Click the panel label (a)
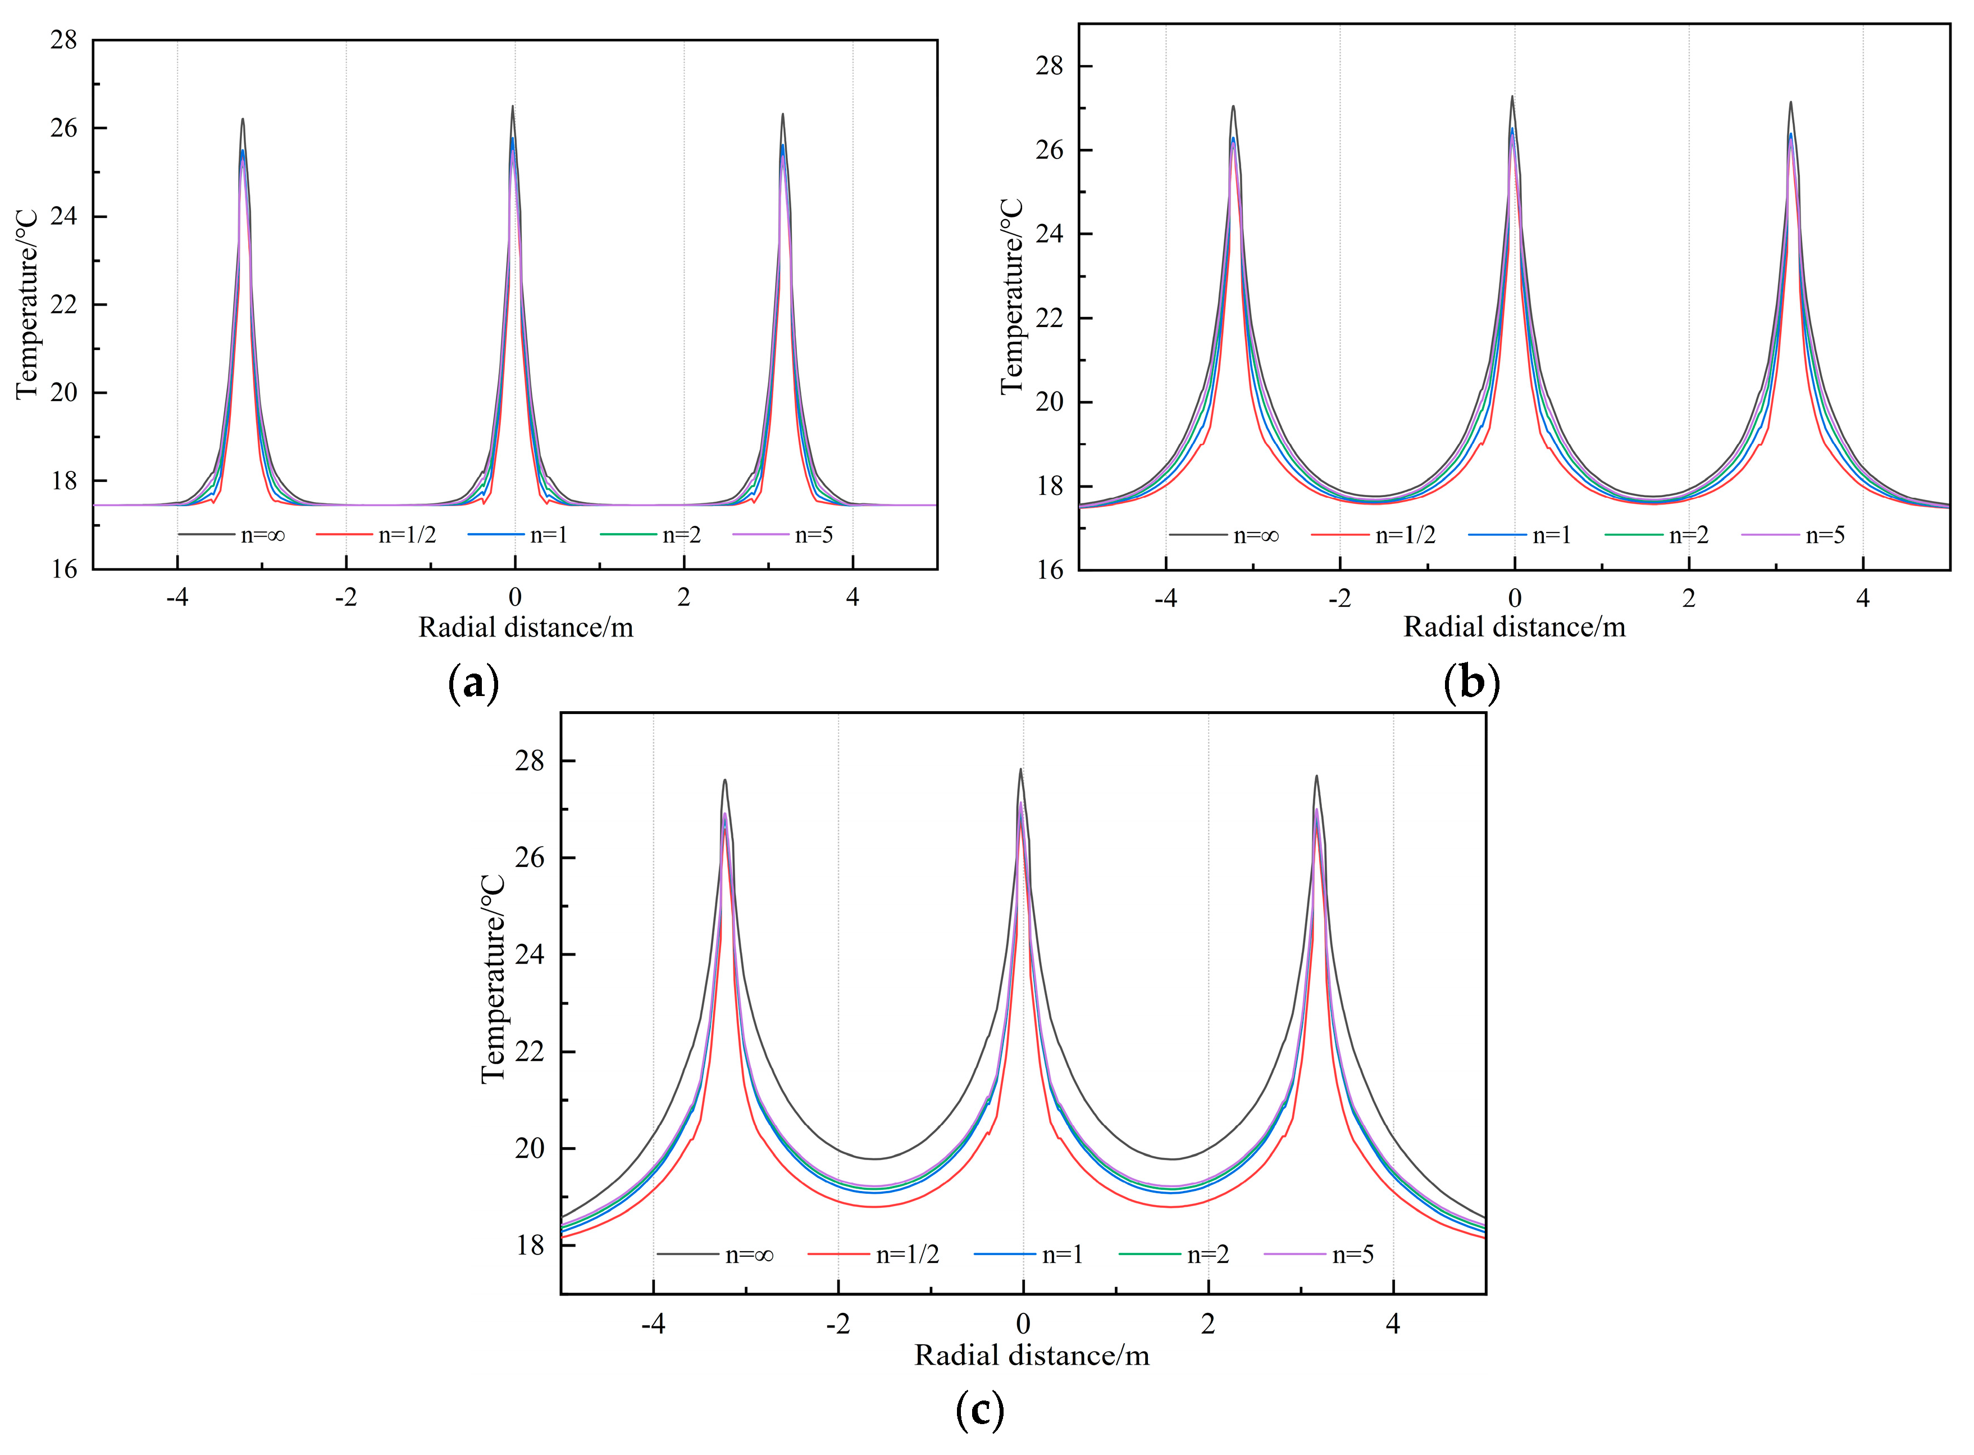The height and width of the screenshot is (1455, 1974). click(473, 683)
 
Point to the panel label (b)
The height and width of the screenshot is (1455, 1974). click(1471, 683)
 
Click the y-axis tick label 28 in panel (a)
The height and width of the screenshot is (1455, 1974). click(63, 40)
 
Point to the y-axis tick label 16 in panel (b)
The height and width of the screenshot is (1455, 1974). click(1050, 570)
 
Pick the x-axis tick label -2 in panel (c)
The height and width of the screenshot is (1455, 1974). click(837, 1324)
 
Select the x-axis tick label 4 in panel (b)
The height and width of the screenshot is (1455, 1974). click(1862, 598)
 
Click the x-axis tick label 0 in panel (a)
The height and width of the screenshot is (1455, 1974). click(514, 597)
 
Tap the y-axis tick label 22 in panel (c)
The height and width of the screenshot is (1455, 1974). click(530, 1052)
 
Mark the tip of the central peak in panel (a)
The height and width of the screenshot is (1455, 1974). click(512, 107)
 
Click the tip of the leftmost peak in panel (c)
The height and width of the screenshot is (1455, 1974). click(724, 780)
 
